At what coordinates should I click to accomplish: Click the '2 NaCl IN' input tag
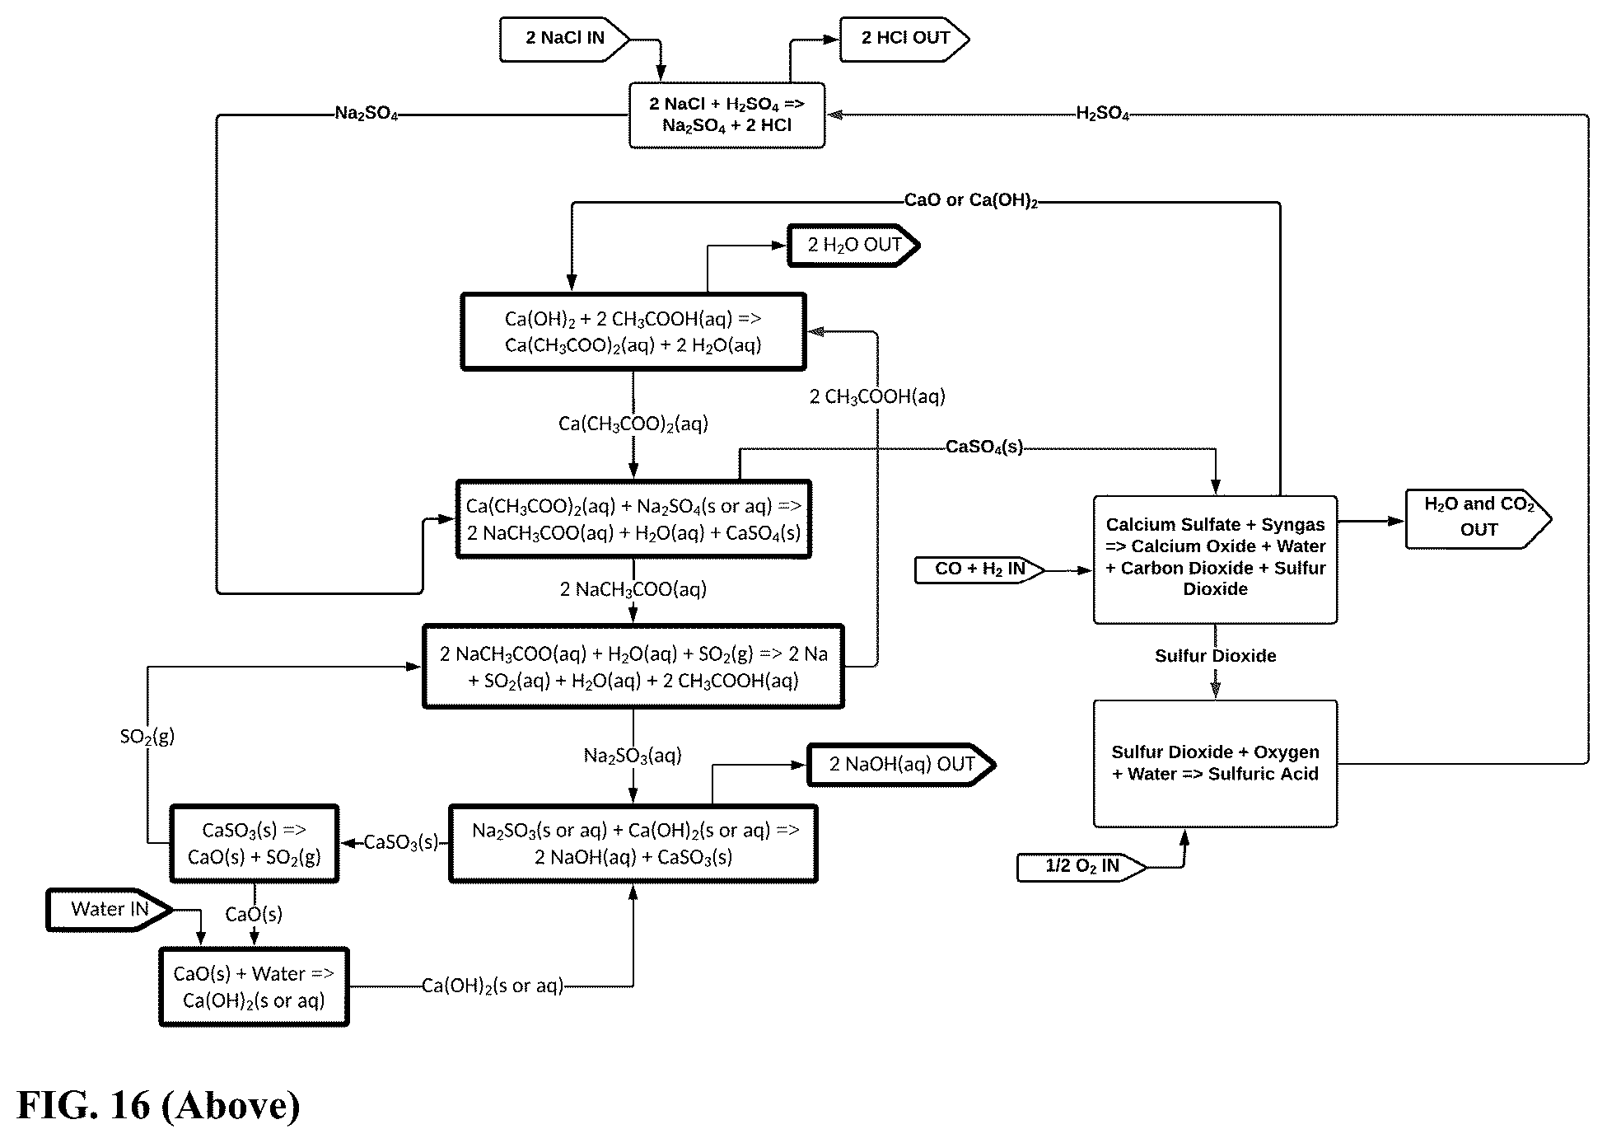pos(565,39)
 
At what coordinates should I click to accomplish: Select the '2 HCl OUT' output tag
pos(904,39)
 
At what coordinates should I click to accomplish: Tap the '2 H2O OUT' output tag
pos(853,246)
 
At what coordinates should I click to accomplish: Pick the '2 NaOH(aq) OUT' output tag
pos(901,765)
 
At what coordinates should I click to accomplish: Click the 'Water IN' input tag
pos(110,910)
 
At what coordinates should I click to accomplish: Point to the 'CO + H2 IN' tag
pos(979,569)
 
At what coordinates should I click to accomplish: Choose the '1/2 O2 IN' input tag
pos(1081,867)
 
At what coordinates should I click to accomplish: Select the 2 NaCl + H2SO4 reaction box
pos(726,115)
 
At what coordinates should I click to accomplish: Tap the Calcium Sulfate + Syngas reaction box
pos(1215,560)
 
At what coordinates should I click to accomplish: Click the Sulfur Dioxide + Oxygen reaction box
pos(1215,764)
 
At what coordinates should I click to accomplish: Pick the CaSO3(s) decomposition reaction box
pos(255,844)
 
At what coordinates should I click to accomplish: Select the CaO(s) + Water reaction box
pos(254,987)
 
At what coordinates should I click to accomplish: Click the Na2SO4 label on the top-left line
pos(367,114)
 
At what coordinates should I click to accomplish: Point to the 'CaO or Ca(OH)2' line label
pos(971,201)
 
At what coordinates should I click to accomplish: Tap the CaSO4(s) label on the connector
pos(984,447)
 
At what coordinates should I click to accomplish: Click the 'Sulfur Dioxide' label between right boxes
pos(1215,656)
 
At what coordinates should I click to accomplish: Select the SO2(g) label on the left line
pos(147,736)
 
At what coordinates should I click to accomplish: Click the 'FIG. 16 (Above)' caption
pos(158,1105)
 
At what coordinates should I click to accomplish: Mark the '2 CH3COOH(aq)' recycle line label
pos(877,397)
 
